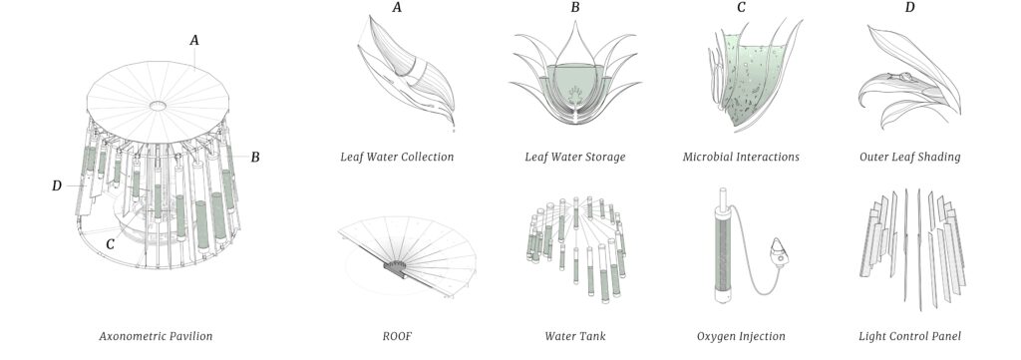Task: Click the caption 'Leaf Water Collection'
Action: click(397, 157)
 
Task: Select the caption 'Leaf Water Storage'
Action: click(575, 157)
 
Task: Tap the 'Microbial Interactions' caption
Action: click(741, 157)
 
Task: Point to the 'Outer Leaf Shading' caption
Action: click(909, 157)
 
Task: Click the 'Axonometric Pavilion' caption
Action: click(156, 336)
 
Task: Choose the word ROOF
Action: click(397, 336)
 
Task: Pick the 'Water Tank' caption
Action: click(575, 336)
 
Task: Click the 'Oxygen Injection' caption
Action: click(741, 336)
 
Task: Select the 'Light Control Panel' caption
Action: click(909, 336)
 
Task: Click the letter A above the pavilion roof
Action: click(194, 40)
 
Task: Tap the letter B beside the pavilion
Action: click(255, 157)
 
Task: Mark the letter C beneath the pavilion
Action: click(110, 244)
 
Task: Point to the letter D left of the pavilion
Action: click(57, 186)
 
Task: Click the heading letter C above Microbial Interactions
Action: click(741, 8)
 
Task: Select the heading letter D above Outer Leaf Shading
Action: click(909, 8)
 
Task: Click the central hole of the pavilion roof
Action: click(158, 106)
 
